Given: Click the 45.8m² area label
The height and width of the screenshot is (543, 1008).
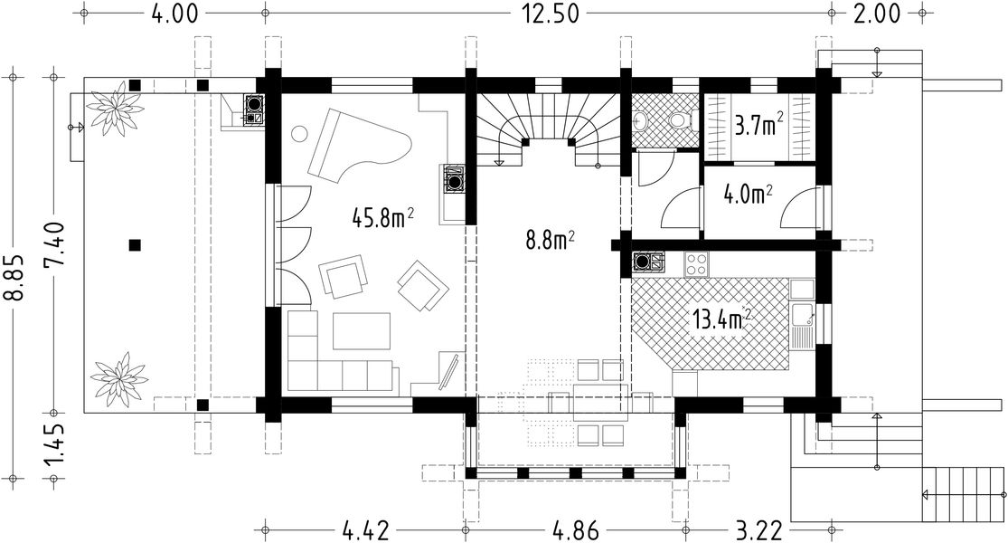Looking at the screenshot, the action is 382,218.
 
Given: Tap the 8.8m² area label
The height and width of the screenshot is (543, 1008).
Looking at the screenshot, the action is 550,241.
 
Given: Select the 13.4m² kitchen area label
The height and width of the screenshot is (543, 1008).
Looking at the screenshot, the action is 722,318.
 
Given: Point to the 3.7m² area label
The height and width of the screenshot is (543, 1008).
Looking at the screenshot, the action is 759,126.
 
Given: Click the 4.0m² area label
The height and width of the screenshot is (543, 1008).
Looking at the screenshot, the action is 749,194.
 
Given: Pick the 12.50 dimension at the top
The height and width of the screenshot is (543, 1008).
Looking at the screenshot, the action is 550,13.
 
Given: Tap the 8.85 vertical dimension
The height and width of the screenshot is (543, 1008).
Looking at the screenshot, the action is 14,277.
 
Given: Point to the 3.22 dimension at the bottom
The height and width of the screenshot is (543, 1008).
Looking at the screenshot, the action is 759,531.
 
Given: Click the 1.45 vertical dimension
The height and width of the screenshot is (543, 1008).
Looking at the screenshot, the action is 54,446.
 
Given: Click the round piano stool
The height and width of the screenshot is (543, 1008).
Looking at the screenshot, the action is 299,135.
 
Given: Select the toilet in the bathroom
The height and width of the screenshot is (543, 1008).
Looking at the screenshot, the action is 679,120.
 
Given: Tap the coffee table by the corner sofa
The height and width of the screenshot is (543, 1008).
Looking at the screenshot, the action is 362,330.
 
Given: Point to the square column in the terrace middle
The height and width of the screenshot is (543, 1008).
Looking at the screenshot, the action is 135,244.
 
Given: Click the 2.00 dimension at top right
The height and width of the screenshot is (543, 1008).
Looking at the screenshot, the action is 877,13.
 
